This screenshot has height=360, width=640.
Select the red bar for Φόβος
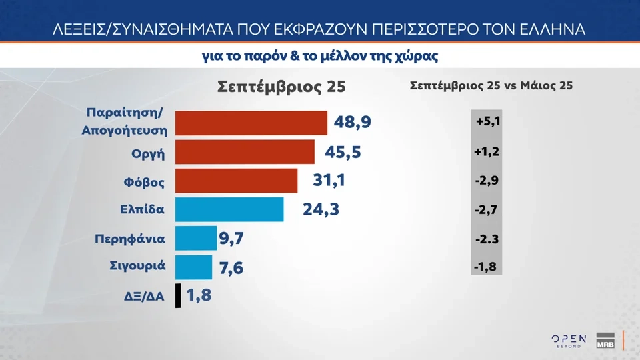pos(237,181)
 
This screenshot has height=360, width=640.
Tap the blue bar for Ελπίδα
pos(230,209)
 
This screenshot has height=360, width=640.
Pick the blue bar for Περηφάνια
pos(197,238)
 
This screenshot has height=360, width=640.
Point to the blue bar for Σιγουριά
pos(194,267)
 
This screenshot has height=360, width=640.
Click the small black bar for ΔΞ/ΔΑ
pos(178,295)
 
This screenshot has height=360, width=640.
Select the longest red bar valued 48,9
pos(251,123)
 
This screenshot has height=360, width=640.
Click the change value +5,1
pos(488,123)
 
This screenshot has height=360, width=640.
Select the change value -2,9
pos(488,181)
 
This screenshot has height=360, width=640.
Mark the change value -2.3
pos(488,239)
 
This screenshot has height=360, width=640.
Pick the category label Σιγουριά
pos(137,267)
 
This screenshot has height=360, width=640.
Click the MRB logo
pos(605,340)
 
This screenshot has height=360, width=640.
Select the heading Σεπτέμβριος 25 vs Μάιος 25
pos(491,86)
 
